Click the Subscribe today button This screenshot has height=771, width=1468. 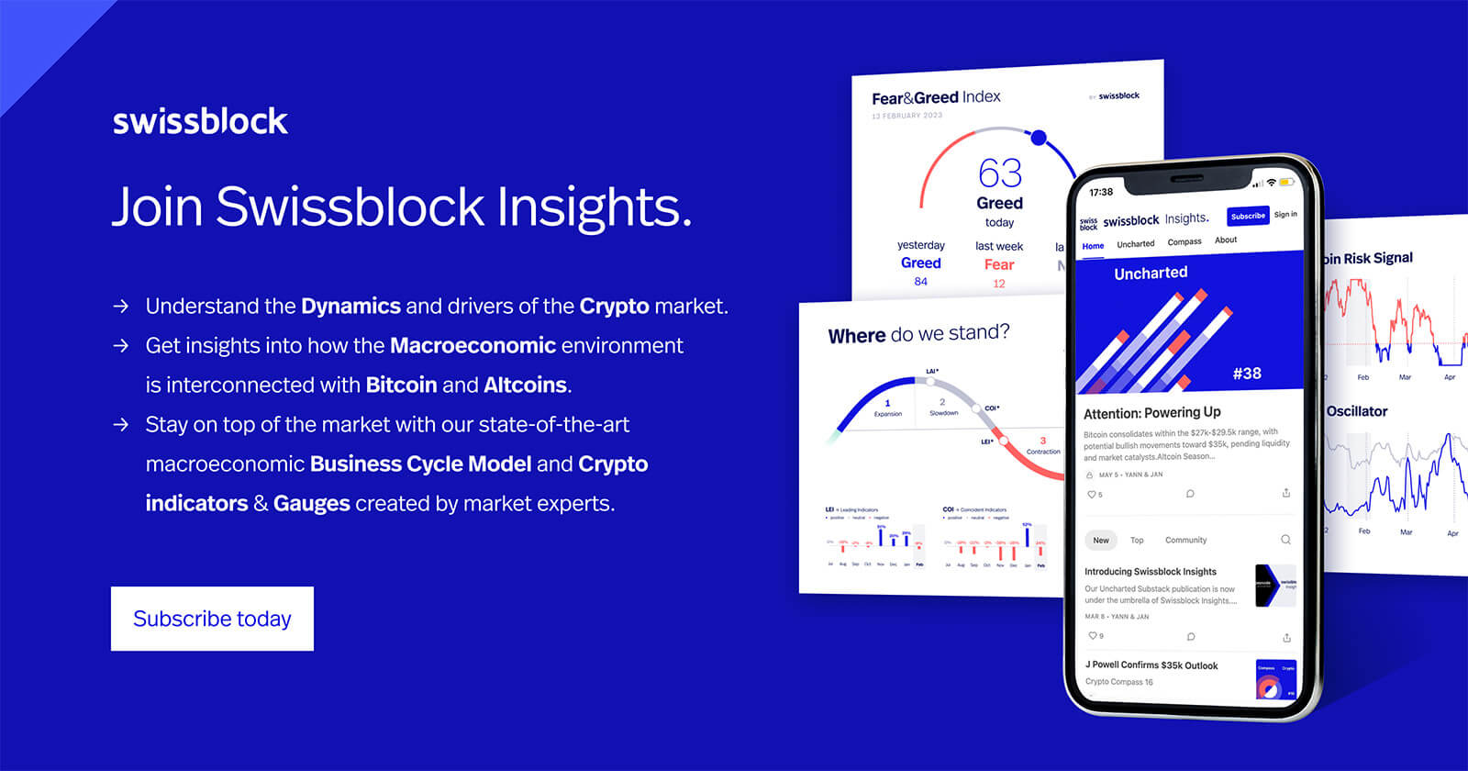point(212,619)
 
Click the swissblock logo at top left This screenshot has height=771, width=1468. point(200,121)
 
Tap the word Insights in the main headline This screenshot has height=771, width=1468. point(594,207)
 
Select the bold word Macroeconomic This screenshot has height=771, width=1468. point(473,346)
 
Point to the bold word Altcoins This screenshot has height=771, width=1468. point(525,385)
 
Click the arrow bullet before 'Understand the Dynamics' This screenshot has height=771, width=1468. point(121,307)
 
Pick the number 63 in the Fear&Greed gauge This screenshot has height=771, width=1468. point(999,173)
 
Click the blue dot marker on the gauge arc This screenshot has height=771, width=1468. point(1039,138)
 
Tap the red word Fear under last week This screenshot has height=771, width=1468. point(999,264)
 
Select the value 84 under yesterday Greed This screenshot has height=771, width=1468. point(920,282)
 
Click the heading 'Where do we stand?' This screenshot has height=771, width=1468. point(918,334)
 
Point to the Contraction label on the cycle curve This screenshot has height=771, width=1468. point(1043,452)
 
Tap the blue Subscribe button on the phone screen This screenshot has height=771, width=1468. point(1248,216)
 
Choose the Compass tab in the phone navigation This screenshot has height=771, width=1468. point(1184,242)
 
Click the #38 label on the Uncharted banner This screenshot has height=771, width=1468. point(1247,374)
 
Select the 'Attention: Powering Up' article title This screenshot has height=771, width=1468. point(1152,413)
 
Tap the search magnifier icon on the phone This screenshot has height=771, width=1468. point(1285,540)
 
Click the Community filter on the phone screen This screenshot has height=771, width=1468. point(1185,541)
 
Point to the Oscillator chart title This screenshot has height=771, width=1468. point(1357,411)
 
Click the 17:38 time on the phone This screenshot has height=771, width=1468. point(1101,192)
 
